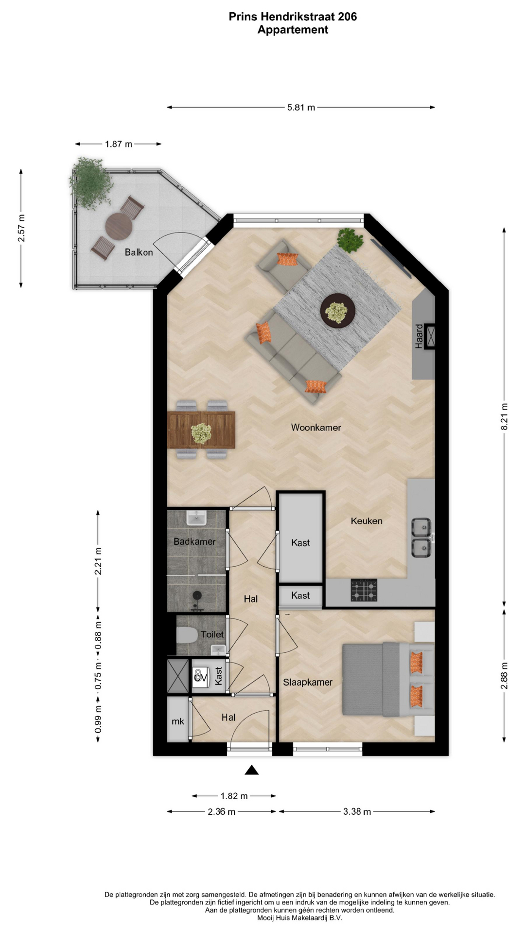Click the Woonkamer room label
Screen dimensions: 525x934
[316, 428]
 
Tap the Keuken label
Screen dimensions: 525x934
[367, 521]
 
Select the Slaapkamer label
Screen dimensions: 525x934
[308, 683]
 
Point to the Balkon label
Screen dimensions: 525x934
[139, 252]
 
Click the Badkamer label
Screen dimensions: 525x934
[194, 541]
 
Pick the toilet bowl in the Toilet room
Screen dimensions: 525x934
[186, 634]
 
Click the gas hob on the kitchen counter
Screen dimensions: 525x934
[364, 591]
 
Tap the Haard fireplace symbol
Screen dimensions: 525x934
[430, 336]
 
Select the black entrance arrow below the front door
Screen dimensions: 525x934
[251, 770]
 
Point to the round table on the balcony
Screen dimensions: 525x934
[119, 227]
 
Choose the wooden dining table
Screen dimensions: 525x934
[201, 430]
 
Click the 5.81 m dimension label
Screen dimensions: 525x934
[301, 108]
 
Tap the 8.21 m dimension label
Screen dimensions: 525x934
[504, 416]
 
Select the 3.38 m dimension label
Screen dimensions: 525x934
[357, 811]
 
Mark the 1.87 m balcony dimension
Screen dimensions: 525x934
[118, 144]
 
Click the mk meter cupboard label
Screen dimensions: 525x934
[178, 721]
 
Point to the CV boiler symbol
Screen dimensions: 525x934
[200, 677]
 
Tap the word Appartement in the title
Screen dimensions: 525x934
[293, 30]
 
